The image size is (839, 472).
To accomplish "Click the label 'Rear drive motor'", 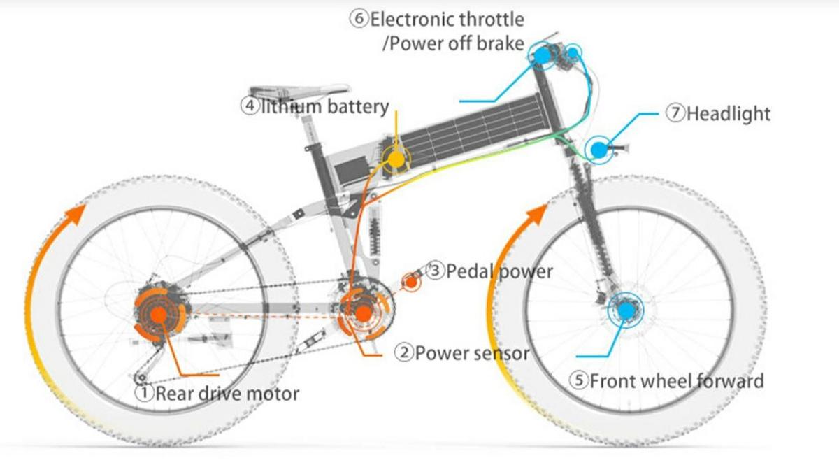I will click(227, 393).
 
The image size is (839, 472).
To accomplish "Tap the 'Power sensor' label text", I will click(472, 352).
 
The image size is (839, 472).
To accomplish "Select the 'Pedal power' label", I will click(499, 271).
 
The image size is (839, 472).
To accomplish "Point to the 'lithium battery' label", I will click(324, 106).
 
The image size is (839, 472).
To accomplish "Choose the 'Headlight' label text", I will click(729, 113).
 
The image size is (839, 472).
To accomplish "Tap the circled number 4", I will click(250, 106).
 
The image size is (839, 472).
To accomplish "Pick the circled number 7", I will click(675, 113).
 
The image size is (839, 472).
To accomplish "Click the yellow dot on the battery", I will click(396, 159).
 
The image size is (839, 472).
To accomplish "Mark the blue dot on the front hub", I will click(626, 308).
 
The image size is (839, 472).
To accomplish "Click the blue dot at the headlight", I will click(598, 149).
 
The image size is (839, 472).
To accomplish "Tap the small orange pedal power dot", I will click(411, 282).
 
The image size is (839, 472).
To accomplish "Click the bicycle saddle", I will click(297, 92).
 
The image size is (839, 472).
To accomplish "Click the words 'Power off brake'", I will click(453, 43).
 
